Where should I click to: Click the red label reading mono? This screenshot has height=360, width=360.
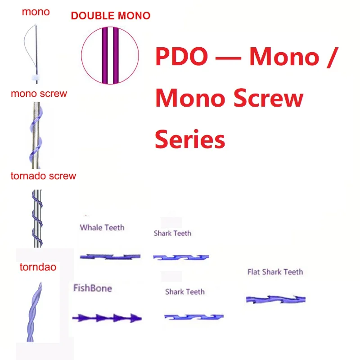pos(36,12)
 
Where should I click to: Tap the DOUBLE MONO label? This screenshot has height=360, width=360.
pos(110,16)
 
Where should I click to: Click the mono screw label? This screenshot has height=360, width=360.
pos(39,94)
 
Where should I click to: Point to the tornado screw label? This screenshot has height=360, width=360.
pos(43,175)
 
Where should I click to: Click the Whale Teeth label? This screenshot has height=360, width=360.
pos(102,228)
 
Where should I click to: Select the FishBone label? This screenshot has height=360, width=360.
pos(93,288)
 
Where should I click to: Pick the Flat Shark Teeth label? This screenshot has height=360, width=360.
pos(275,272)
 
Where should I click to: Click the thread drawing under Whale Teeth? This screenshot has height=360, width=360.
pos(110,256)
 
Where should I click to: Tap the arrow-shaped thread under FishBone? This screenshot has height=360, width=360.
pos(107,318)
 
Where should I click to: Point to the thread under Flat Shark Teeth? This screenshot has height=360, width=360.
pos(275,299)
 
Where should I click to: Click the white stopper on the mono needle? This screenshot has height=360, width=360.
pos(35,74)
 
